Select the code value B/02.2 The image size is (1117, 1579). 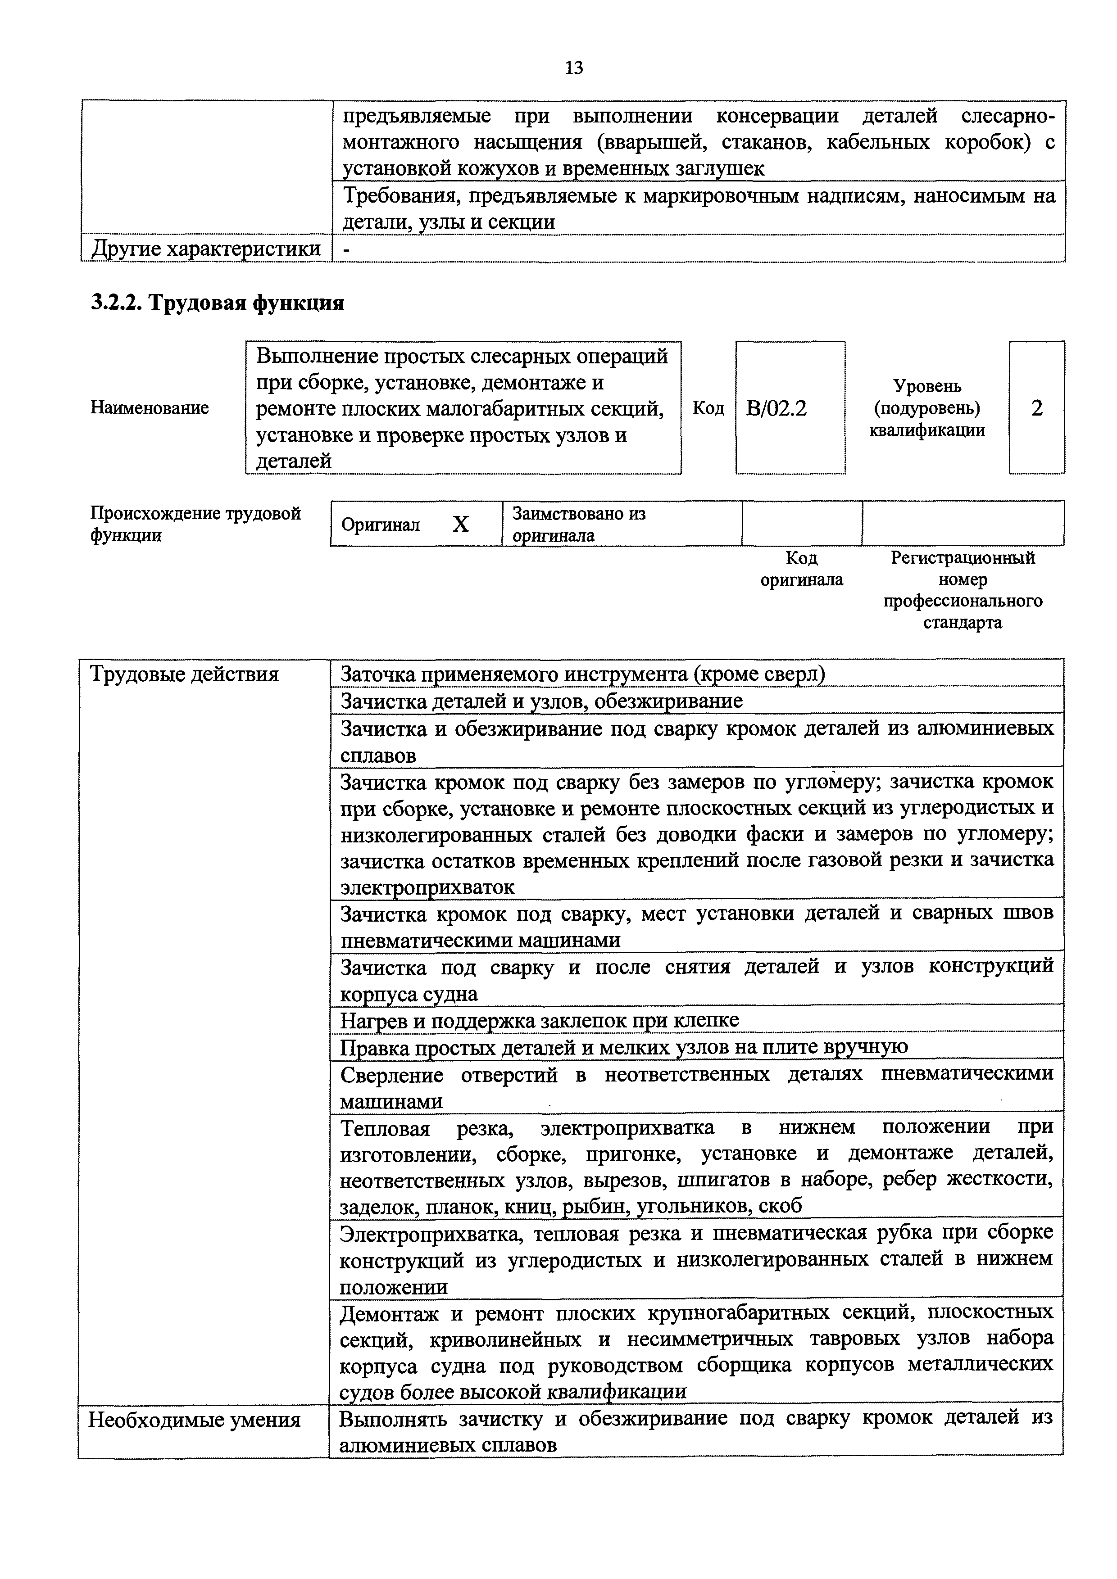776,408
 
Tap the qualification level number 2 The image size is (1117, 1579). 1036,408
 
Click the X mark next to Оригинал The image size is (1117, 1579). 460,525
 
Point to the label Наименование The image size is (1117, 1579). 149,408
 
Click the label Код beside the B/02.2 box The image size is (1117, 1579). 708,408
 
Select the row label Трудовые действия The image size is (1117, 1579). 184,674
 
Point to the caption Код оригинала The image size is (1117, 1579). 801,568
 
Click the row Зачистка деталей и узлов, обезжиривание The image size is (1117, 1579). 541,701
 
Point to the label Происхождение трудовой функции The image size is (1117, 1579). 195,524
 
